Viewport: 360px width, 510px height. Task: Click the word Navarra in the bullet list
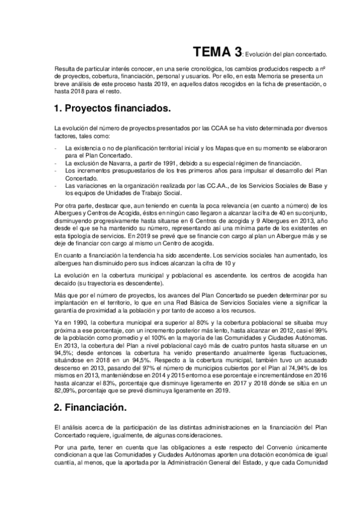(115, 163)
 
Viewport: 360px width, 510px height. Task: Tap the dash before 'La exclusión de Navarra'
(55, 163)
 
